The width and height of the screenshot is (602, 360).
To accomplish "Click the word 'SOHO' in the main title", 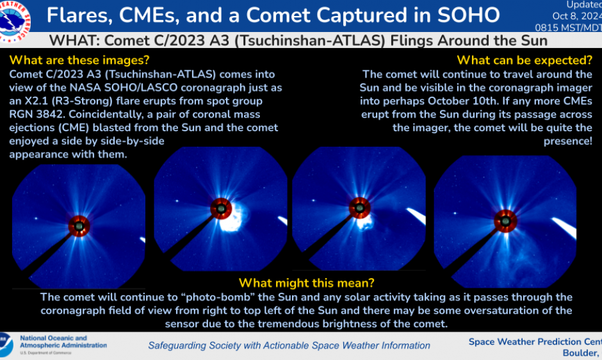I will [468, 15].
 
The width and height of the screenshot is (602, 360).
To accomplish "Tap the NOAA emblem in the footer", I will [5, 344].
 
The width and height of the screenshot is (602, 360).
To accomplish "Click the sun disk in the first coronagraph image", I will [79, 225].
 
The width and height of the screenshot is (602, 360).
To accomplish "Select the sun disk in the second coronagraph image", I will [222, 209].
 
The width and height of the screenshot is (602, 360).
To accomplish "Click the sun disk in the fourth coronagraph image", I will [505, 221].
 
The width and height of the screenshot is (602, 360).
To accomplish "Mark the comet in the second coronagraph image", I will [282, 221].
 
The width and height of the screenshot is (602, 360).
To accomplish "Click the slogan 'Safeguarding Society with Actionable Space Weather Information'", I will [289, 345].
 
